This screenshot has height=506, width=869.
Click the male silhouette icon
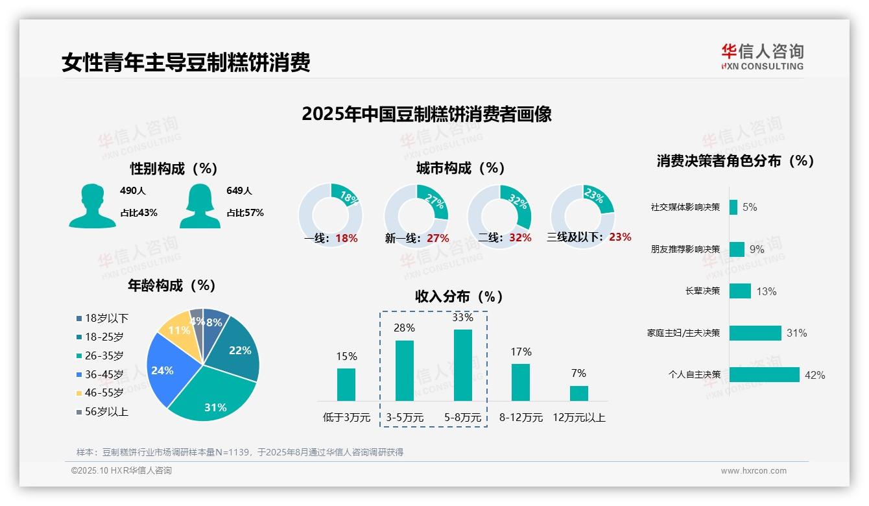(92, 206)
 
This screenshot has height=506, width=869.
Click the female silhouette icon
(200, 206)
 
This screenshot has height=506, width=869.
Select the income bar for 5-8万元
(462, 365)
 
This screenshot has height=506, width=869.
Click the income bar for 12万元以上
(578, 393)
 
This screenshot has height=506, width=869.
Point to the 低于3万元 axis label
(346, 418)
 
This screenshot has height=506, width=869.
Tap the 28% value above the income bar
(404, 328)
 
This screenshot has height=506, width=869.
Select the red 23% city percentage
(620, 237)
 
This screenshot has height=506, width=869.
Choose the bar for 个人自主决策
(764, 375)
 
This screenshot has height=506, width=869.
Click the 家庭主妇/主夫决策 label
(684, 333)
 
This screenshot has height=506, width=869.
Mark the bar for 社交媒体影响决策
(733, 208)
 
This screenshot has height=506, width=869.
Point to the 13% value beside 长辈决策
(766, 291)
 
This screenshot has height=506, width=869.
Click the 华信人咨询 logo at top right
(763, 56)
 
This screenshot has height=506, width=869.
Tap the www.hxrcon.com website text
(754, 471)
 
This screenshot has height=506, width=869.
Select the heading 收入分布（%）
(459, 297)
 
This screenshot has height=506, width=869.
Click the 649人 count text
(239, 191)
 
